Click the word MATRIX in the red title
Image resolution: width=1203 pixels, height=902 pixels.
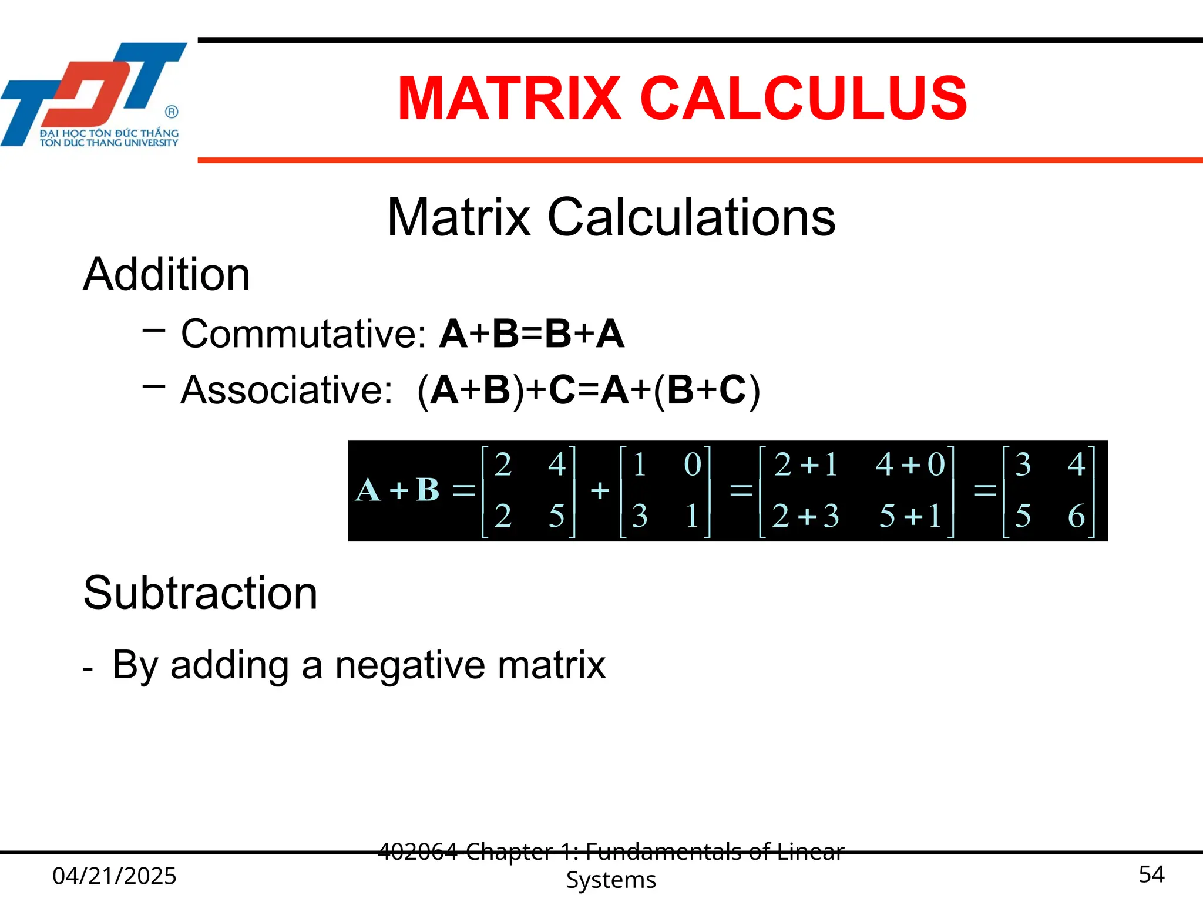click(509, 99)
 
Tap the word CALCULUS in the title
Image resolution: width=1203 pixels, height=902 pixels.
click(803, 99)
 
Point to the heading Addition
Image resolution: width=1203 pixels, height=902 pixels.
click(167, 274)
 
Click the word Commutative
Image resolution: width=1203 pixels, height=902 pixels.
click(303, 334)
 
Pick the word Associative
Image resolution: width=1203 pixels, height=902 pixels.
click(286, 390)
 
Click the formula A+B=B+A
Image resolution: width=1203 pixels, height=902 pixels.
click(532, 334)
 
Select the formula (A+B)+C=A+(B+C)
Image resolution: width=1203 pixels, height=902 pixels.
click(589, 390)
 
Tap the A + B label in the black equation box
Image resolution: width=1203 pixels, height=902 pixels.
click(398, 490)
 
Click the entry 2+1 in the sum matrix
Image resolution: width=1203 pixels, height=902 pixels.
click(805, 465)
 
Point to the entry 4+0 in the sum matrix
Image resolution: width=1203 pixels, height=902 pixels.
click(910, 465)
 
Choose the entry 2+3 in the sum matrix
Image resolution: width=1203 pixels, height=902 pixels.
click(805, 516)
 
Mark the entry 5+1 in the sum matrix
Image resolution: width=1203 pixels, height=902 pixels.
click(910, 516)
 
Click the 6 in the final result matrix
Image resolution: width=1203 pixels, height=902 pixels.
click(1076, 516)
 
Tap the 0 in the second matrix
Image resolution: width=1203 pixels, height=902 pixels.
click(693, 465)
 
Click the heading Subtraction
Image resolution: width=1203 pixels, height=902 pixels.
click(200, 593)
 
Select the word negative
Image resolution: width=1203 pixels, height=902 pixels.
click(410, 665)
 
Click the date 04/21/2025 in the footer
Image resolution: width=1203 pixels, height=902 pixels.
click(115, 876)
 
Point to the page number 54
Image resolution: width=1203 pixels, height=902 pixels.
click(1151, 874)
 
